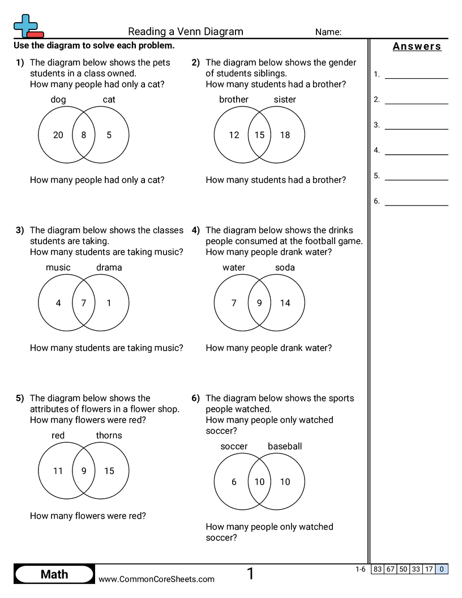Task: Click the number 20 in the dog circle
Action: pyautogui.click(x=58, y=135)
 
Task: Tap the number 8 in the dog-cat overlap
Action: pyautogui.click(x=84, y=135)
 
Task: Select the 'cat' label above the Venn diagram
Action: pyautogui.click(x=109, y=100)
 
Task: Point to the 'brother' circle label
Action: pyautogui.click(x=234, y=100)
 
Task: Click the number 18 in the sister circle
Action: pyautogui.click(x=285, y=135)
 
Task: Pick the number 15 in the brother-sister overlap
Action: pyautogui.click(x=259, y=135)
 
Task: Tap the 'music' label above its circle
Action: pyautogui.click(x=58, y=267)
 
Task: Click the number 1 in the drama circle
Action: pyautogui.click(x=109, y=303)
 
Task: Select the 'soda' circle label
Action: pyautogui.click(x=285, y=267)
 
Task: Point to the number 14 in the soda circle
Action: pyautogui.click(x=285, y=303)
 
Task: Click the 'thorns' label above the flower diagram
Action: pyautogui.click(x=109, y=435)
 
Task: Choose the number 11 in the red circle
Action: pyautogui.click(x=58, y=471)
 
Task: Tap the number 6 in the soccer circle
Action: pyautogui.click(x=234, y=482)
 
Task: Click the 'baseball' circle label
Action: pyautogui.click(x=285, y=446)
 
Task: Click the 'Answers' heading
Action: pyautogui.click(x=417, y=46)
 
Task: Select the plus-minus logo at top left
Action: pyautogui.click(x=27, y=25)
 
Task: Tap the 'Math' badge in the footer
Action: pyautogui.click(x=54, y=574)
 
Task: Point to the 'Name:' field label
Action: pyautogui.click(x=328, y=32)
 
